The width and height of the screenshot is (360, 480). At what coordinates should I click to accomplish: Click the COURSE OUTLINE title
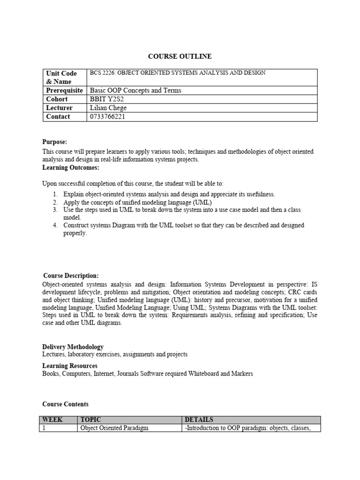[180, 56]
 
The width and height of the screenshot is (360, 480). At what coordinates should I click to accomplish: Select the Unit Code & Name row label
[61, 77]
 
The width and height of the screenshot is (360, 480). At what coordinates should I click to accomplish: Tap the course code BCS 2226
[102, 73]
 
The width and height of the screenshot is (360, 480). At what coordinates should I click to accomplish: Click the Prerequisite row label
[64, 90]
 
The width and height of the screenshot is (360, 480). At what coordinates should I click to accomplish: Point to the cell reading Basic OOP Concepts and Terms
[135, 90]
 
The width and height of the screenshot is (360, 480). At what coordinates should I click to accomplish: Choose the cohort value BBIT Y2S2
[107, 99]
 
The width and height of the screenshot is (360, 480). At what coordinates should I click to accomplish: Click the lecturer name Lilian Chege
[108, 108]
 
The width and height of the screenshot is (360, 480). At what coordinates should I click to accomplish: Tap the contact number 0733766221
[108, 117]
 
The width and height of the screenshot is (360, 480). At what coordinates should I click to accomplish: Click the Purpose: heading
[55, 142]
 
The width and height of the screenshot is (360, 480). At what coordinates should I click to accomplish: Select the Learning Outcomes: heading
[71, 167]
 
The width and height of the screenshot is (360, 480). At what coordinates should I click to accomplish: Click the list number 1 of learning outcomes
[55, 194]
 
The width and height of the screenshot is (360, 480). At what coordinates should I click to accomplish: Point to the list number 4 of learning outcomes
[55, 225]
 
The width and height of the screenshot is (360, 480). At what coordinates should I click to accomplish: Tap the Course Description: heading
[71, 276]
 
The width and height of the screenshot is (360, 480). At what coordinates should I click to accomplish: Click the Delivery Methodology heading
[73, 347]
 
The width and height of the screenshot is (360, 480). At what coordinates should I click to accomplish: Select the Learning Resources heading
[70, 366]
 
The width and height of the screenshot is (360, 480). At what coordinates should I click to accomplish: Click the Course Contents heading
[65, 404]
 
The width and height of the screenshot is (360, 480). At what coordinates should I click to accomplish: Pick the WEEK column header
[52, 420]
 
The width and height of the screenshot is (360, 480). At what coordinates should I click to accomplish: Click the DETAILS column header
[199, 420]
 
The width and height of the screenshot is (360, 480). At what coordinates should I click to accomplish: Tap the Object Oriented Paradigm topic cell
[114, 428]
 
